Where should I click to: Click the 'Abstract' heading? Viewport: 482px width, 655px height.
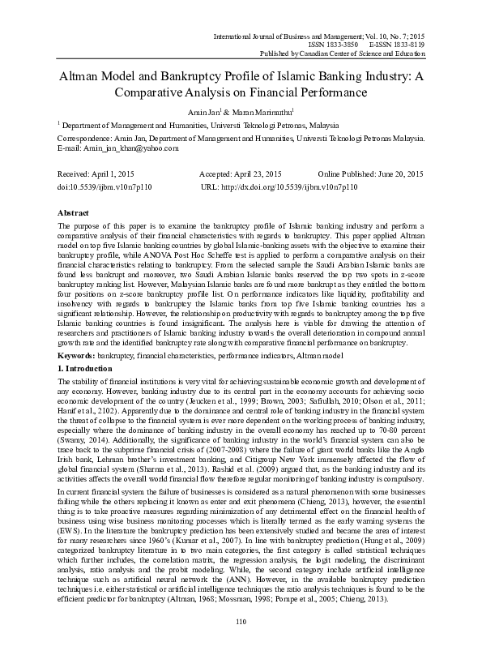coord(75,210)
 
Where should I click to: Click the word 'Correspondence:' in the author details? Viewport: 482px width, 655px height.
coord(89,139)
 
